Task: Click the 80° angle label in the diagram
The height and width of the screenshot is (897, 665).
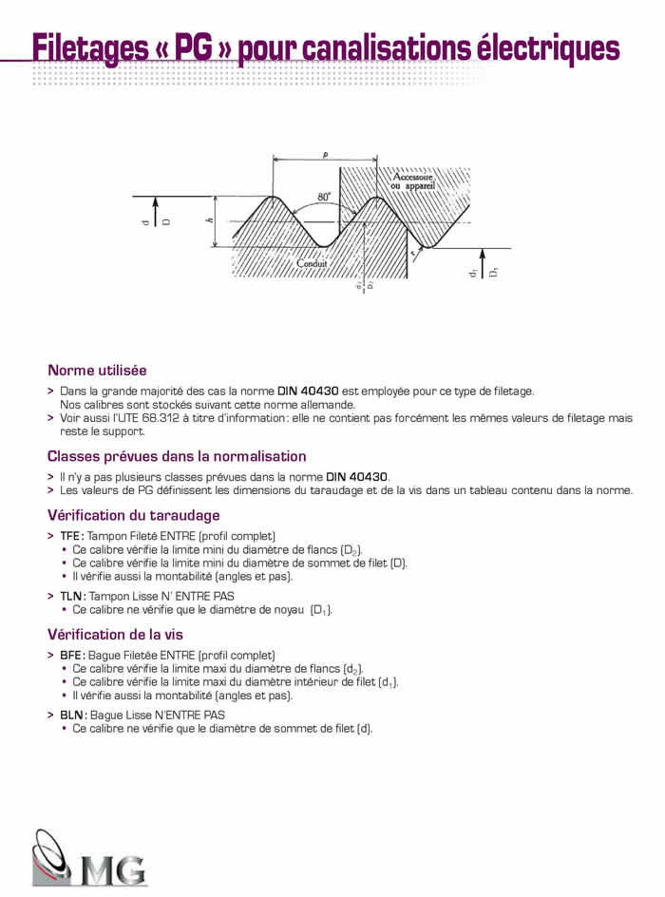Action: coord(324,197)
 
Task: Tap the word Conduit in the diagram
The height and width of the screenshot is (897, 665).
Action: coord(313,263)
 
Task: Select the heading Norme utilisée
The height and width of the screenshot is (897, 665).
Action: coord(97,371)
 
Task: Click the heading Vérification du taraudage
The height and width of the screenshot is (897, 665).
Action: coord(133,515)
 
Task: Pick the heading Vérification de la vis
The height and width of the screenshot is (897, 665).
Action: coord(115,634)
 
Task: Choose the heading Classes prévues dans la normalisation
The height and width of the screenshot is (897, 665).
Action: coord(177,456)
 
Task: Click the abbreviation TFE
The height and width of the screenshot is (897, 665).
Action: coord(71,536)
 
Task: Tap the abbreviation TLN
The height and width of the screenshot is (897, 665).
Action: coord(71,596)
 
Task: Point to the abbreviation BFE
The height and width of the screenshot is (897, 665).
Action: coord(71,656)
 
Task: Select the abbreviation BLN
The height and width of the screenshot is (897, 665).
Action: coord(72,715)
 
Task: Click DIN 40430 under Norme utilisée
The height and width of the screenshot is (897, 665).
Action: coord(308,391)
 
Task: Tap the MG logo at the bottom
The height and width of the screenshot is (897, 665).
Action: coord(90,858)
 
